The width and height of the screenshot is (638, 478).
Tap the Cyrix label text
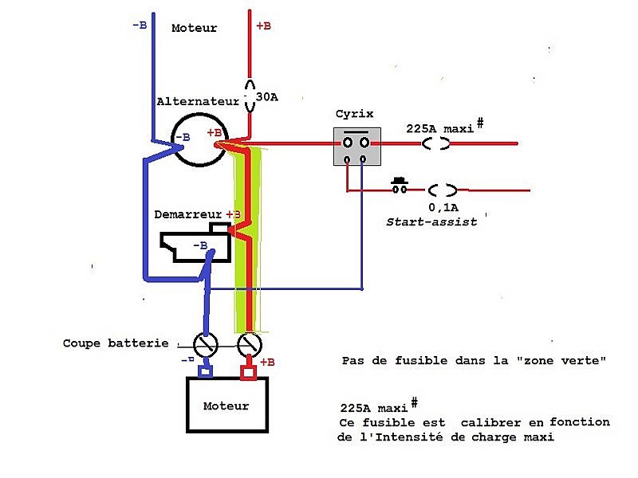click(354, 114)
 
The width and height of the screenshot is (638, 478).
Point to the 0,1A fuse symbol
click(442, 190)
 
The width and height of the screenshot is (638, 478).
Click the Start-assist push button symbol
click(399, 187)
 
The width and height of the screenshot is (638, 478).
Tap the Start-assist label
click(431, 221)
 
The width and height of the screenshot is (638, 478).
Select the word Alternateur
click(198, 102)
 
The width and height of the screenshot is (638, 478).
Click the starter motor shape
click(196, 246)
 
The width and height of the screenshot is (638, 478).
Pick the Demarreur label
click(188, 215)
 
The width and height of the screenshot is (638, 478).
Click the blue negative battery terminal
click(206, 370)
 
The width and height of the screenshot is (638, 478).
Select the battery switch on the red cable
click(249, 344)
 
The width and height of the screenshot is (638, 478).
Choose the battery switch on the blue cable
click(207, 344)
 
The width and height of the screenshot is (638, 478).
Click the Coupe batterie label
click(116, 343)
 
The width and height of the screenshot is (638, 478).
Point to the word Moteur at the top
click(195, 28)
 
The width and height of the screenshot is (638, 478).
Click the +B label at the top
click(263, 25)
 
